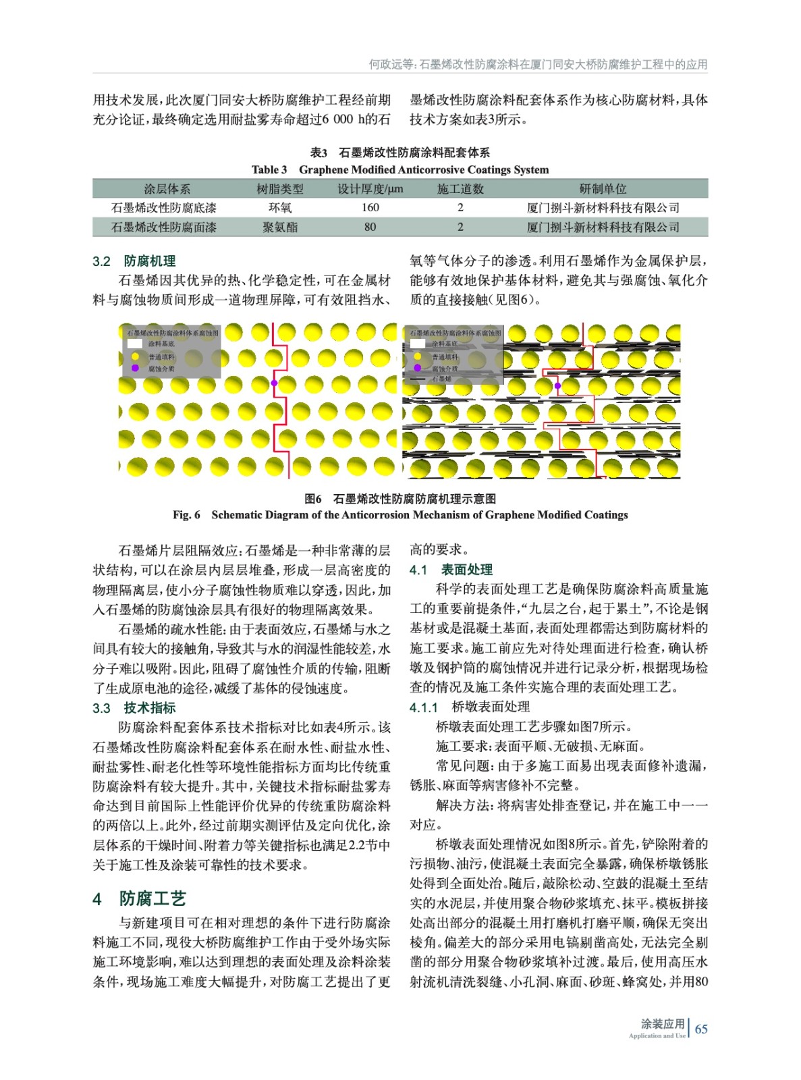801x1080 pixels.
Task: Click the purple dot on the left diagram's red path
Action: pyautogui.click(x=274, y=383)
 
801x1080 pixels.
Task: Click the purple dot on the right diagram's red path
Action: pyautogui.click(x=557, y=385)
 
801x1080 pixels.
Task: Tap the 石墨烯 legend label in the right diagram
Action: pyautogui.click(x=442, y=379)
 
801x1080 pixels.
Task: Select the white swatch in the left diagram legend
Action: pyautogui.click(x=135, y=344)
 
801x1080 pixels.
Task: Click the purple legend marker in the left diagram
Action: pyautogui.click(x=135, y=368)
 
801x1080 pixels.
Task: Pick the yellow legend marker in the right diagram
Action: pyautogui.click(x=418, y=356)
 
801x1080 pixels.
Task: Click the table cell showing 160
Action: pyautogui.click(x=370, y=208)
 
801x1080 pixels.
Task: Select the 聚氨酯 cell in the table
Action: pyautogui.click(x=280, y=227)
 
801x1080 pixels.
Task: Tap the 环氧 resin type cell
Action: pyautogui.click(x=280, y=208)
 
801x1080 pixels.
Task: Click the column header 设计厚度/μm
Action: pyautogui.click(x=370, y=189)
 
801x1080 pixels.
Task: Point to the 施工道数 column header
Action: pyautogui.click(x=460, y=189)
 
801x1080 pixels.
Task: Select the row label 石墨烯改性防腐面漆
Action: pyautogui.click(x=164, y=227)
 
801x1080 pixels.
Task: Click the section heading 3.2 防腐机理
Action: pyautogui.click(x=134, y=261)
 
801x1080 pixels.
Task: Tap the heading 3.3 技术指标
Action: pyautogui.click(x=134, y=708)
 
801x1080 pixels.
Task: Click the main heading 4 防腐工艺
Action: pyautogui.click(x=139, y=898)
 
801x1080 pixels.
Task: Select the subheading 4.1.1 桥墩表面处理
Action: pyautogui.click(x=470, y=707)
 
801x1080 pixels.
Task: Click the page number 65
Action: pyautogui.click(x=701, y=1029)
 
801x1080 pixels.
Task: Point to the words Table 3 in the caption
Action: pyautogui.click(x=269, y=170)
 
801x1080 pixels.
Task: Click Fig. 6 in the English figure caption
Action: pyautogui.click(x=186, y=515)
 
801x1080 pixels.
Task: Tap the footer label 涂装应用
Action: pyautogui.click(x=663, y=1023)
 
